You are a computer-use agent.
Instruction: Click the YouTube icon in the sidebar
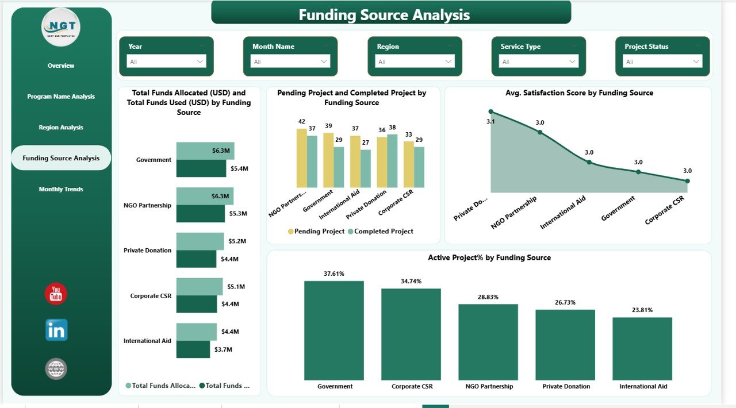pyautogui.click(x=56, y=294)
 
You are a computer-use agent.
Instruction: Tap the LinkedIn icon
pyautogui.click(x=56, y=330)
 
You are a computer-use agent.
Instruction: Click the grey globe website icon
pyautogui.click(x=56, y=369)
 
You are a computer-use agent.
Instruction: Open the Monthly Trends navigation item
pyautogui.click(x=61, y=189)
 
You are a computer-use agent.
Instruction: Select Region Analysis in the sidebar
pyautogui.click(x=61, y=128)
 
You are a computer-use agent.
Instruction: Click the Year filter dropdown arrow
pyautogui.click(x=200, y=61)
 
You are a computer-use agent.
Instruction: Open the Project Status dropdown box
pyautogui.click(x=662, y=61)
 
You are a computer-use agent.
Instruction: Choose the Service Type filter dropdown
pyautogui.click(x=538, y=61)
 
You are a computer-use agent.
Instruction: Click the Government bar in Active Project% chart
pyautogui.click(x=334, y=330)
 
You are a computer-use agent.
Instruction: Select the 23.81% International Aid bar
pyautogui.click(x=642, y=348)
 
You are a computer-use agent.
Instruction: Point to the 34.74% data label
pyautogui.click(x=411, y=282)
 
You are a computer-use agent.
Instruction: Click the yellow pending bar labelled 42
pyautogui.click(x=301, y=158)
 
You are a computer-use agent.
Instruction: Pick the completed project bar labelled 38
pyautogui.click(x=392, y=161)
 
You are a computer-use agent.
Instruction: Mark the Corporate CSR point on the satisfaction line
pyautogui.click(x=687, y=181)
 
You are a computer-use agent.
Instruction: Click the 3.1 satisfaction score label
pyautogui.click(x=491, y=121)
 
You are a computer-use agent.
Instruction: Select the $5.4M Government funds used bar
pyautogui.click(x=201, y=168)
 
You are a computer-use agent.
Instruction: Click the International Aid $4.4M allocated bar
pyautogui.click(x=196, y=332)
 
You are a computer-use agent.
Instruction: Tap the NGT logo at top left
pyautogui.click(x=61, y=27)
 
